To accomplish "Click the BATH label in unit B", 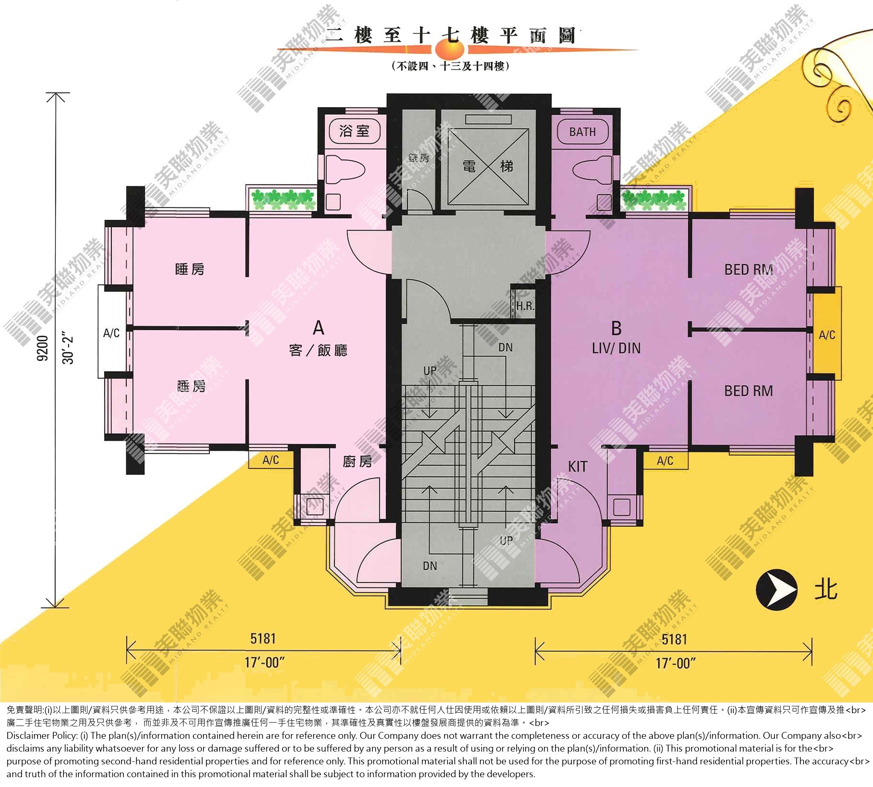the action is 582,132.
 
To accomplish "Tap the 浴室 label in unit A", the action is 355,131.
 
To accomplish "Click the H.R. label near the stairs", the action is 525,306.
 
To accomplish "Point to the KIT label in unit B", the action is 578,466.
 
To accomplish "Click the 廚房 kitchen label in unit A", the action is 357,461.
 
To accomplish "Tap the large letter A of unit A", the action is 318,328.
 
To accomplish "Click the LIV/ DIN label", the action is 616,349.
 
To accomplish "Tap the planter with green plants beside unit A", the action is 283,199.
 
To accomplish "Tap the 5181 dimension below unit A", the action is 263,638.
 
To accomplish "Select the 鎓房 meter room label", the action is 419,158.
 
